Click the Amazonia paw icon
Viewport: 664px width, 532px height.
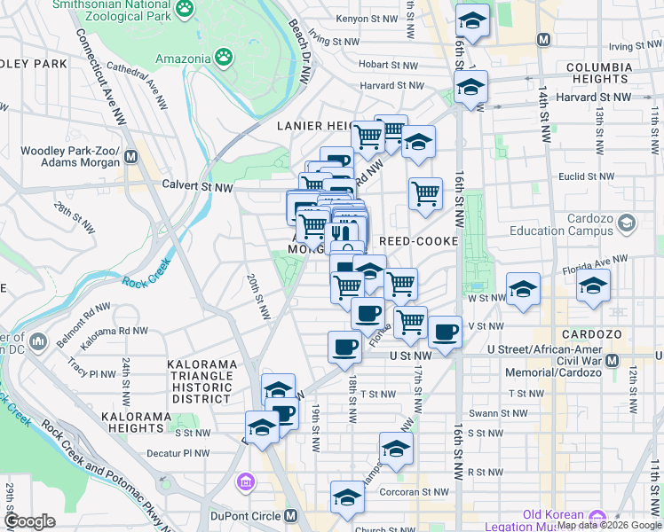coord(226,59)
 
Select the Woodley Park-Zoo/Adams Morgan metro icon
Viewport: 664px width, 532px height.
coord(131,157)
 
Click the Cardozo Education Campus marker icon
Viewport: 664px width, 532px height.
coord(628,222)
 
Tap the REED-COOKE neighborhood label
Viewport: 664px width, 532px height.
coord(418,241)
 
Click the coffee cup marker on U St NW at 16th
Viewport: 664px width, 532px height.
coord(446,332)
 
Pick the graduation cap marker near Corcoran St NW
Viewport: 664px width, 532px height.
coord(347,498)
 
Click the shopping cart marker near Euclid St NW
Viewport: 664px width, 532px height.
coord(426,192)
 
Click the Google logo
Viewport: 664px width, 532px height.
coord(30,521)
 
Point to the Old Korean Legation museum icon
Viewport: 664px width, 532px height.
coord(597,517)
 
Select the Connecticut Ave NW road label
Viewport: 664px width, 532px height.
coord(100,74)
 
